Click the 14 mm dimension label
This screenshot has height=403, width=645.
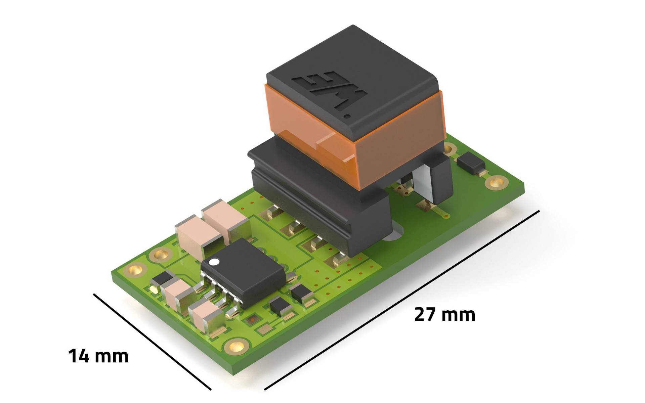(x=98, y=356)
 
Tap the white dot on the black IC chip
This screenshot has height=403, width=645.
(x=214, y=261)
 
